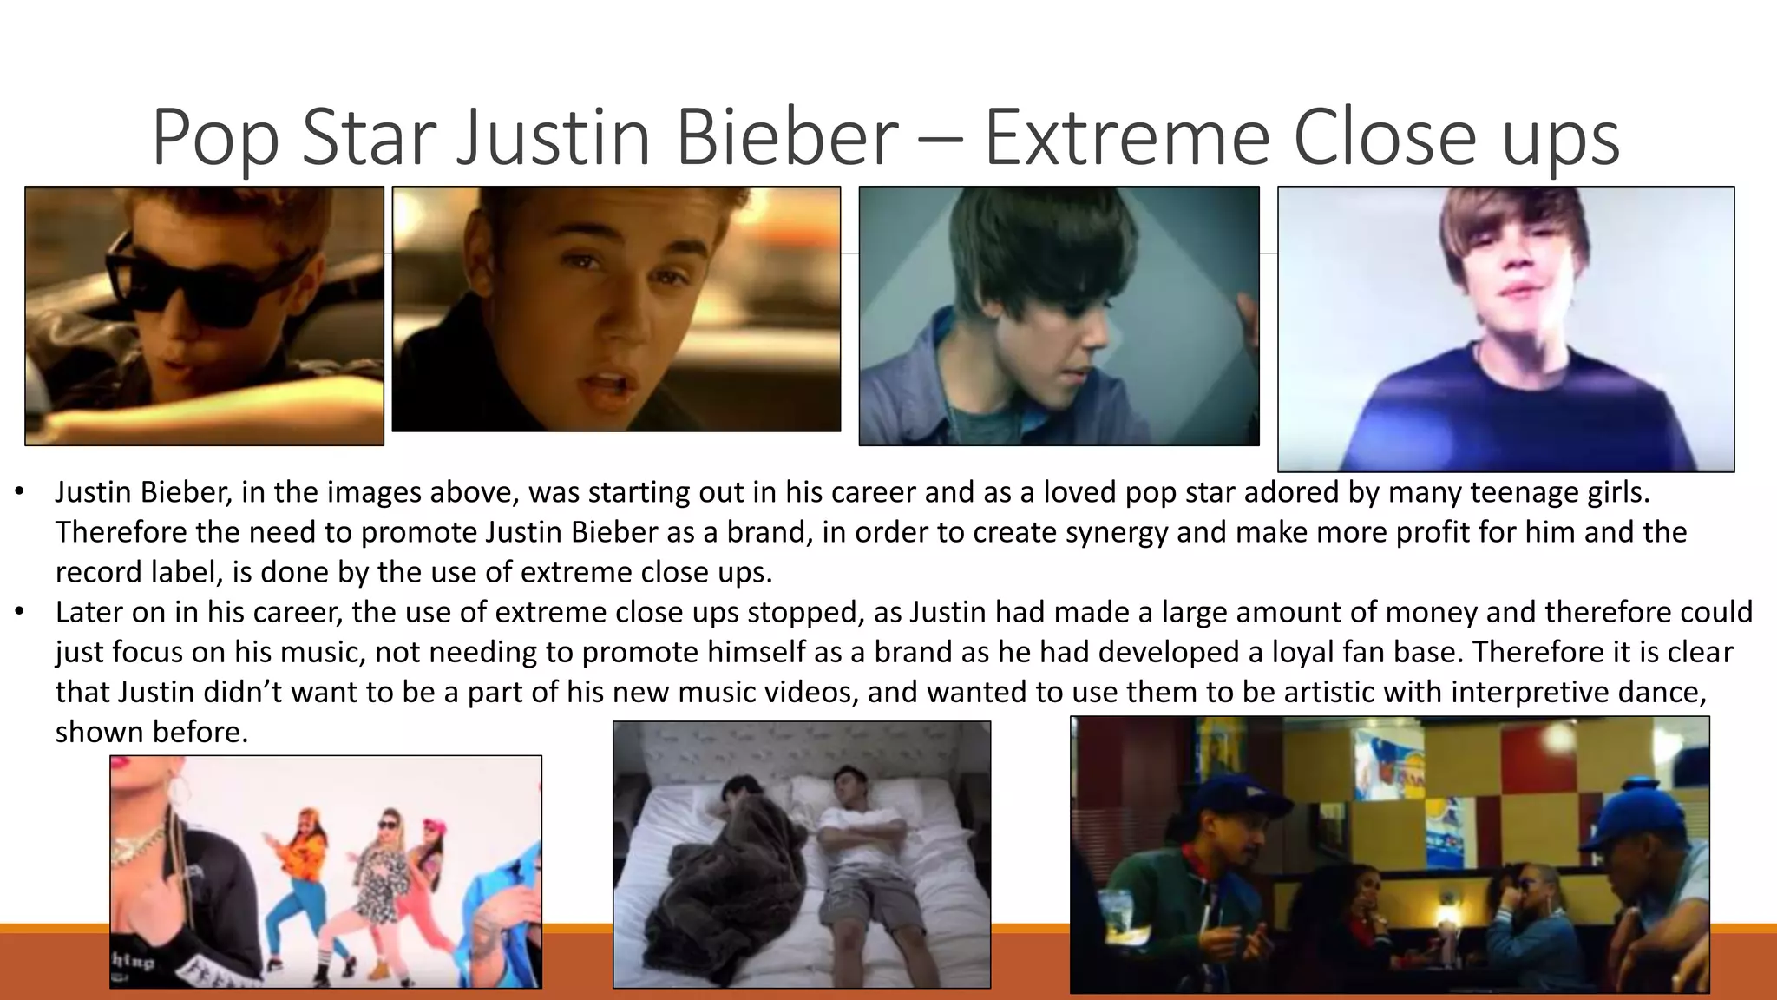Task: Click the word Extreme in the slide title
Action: tap(1127, 136)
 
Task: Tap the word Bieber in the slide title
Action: tap(786, 136)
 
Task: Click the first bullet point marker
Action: tap(19, 493)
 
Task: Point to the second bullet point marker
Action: tap(19, 613)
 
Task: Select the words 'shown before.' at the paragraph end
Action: tap(152, 732)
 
